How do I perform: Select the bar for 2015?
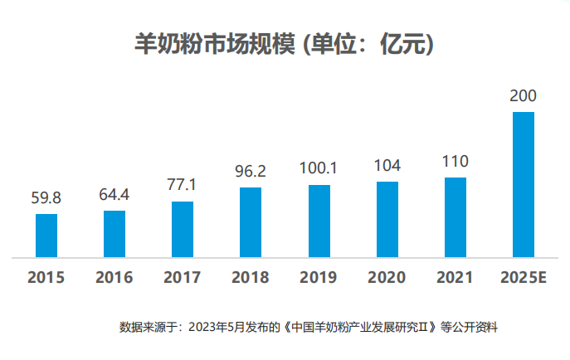click(46, 236)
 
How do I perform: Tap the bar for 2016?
click(114, 234)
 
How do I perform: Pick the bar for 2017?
click(183, 229)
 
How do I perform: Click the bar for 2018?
click(251, 222)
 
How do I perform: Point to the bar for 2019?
click(319, 221)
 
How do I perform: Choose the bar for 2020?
click(387, 220)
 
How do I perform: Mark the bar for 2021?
click(456, 217)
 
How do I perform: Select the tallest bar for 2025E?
click(524, 184)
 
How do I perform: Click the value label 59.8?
click(46, 199)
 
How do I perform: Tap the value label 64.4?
click(114, 196)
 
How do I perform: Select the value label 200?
click(524, 97)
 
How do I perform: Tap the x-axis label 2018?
click(251, 277)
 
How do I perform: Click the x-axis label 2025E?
click(524, 277)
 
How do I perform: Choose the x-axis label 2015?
click(46, 277)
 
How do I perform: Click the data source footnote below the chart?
click(308, 327)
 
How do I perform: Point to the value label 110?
click(456, 162)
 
